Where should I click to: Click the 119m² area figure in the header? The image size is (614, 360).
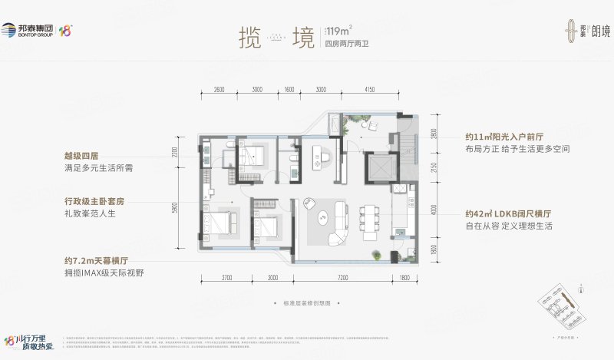click(x=338, y=31)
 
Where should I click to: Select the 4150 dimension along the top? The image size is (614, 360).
click(x=369, y=90)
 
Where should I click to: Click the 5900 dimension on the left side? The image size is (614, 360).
click(x=176, y=207)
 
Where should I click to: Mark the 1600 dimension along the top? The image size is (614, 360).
click(x=289, y=90)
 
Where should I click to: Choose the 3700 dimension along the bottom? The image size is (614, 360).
click(x=227, y=277)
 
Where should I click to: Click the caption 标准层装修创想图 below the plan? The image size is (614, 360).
click(x=305, y=303)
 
